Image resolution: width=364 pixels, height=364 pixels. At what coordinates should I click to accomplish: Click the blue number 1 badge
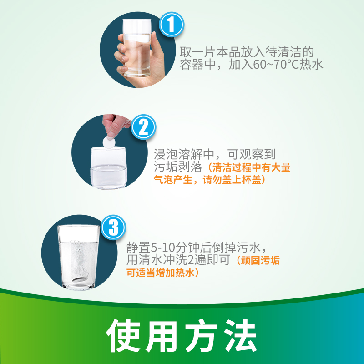coord(172,25)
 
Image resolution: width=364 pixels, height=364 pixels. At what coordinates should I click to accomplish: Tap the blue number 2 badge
coord(143,127)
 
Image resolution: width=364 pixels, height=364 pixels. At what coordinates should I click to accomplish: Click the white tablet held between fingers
coord(109,142)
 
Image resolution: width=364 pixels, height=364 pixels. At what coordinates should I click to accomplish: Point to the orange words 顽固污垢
coord(260,260)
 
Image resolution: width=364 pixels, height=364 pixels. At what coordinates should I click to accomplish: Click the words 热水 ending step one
coord(311,64)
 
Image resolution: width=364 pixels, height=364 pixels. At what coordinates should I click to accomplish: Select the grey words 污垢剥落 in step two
coord(178,167)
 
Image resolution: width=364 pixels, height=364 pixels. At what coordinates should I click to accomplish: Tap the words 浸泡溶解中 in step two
coord(184,154)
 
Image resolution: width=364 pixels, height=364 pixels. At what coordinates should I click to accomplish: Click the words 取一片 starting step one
coord(198,52)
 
